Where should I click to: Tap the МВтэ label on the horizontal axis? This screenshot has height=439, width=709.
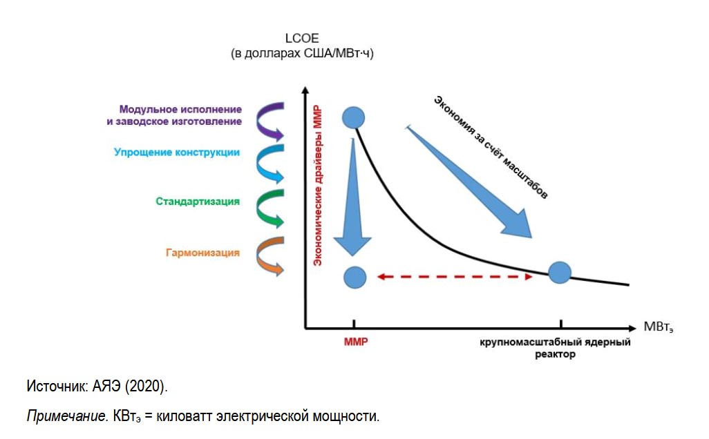658,326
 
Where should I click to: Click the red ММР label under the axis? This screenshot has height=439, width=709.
355,342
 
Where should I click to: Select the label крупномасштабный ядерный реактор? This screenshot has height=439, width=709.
555,348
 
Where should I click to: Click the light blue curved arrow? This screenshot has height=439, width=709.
269,162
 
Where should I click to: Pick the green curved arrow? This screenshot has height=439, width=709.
269,207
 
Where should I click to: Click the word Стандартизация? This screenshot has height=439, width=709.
198,202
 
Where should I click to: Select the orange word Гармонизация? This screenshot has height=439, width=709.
202,253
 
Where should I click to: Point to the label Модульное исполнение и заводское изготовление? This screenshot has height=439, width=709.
180,115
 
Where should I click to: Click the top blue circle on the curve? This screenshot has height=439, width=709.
354,117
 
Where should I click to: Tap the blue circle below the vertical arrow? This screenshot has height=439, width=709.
354,277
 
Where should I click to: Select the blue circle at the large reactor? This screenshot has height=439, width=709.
559,273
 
